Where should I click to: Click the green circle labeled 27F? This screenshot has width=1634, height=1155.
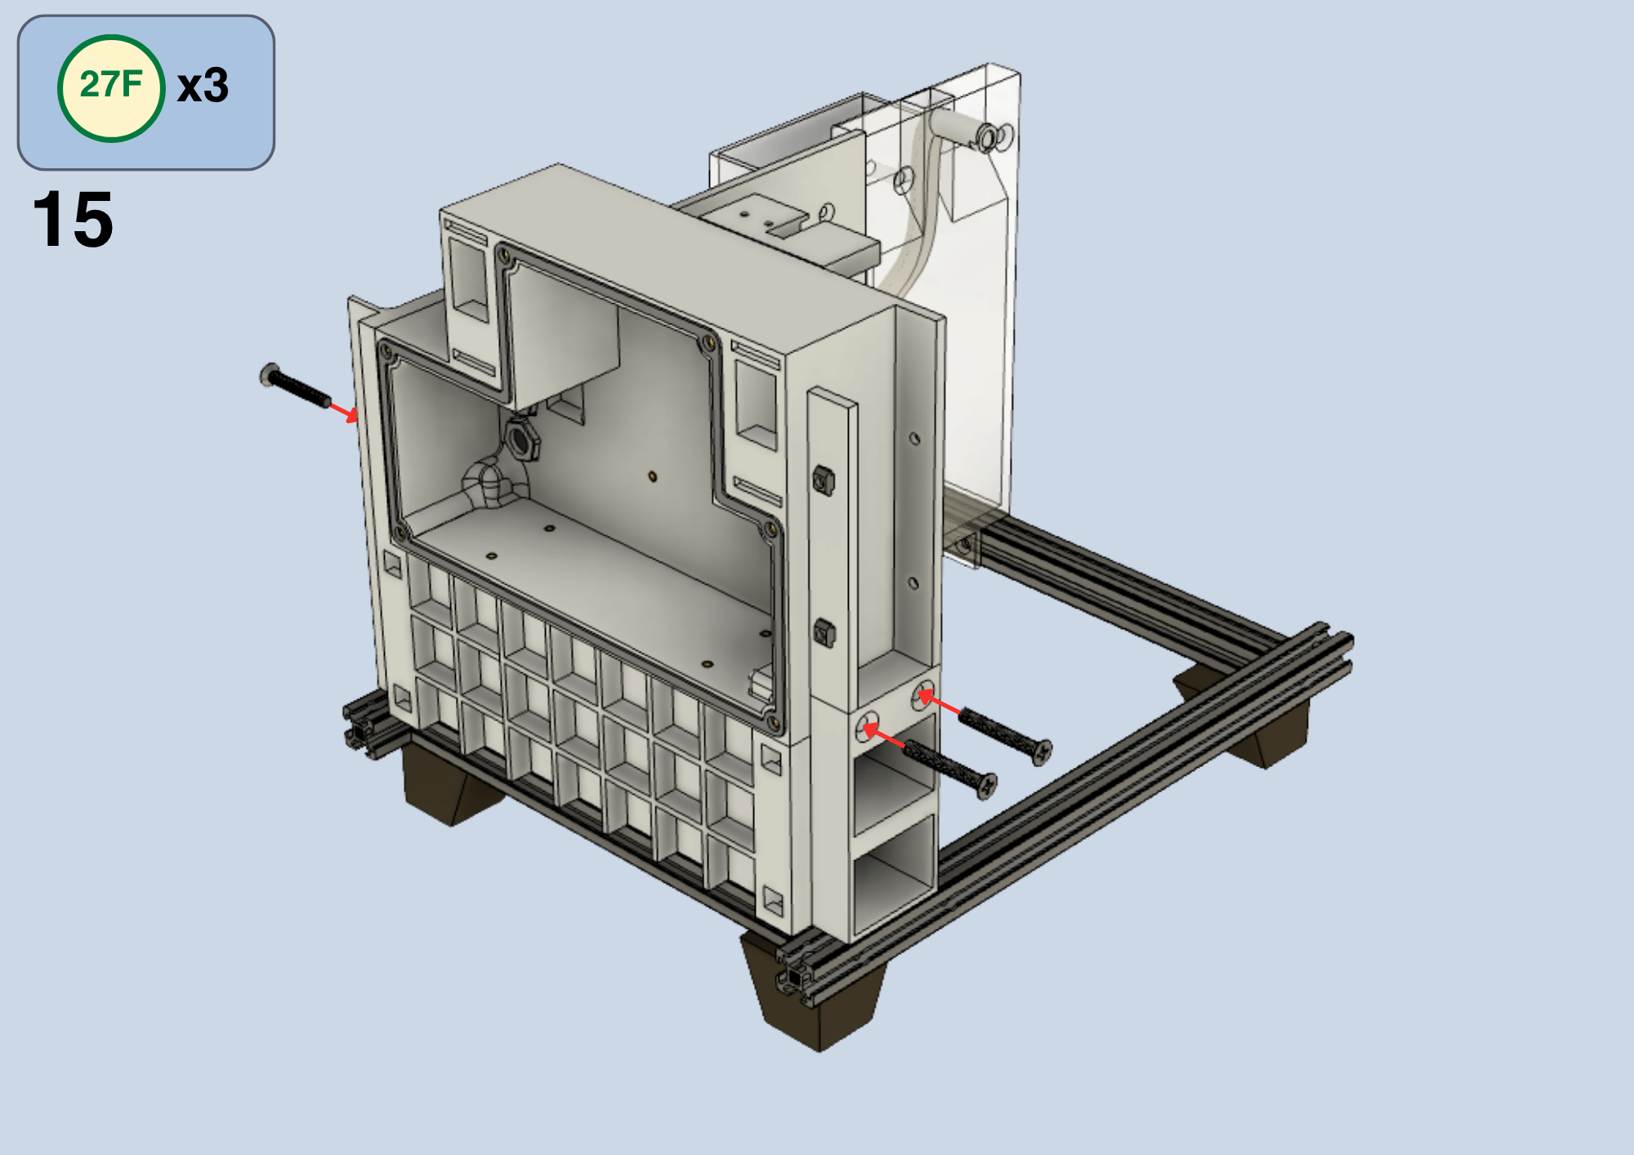tap(111, 88)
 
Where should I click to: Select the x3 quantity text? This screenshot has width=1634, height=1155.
tap(203, 86)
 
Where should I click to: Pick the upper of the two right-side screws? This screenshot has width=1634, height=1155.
tap(1005, 732)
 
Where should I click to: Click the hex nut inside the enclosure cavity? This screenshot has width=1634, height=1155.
tap(520, 440)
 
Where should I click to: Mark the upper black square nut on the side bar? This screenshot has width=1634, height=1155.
tap(824, 479)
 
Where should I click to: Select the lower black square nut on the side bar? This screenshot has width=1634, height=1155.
tap(824, 632)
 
